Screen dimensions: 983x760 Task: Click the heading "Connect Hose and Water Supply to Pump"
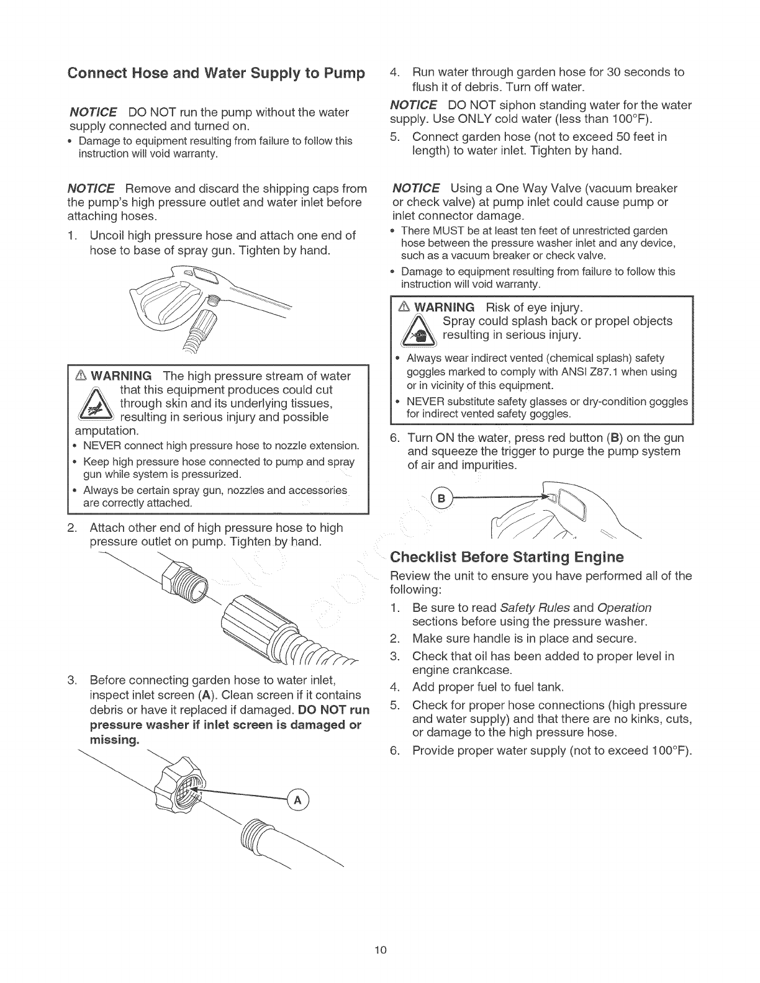215,73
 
